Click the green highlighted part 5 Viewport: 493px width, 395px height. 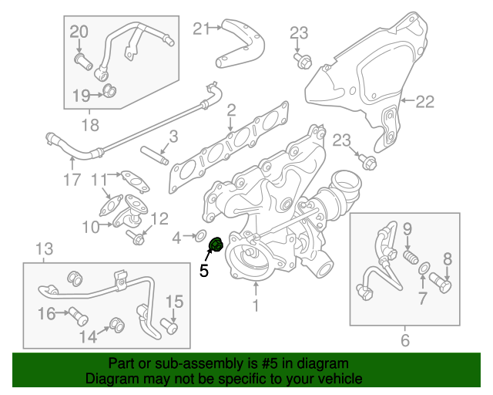[x=216, y=245]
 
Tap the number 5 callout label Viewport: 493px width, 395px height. [x=204, y=271]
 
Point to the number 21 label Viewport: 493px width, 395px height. [x=201, y=29]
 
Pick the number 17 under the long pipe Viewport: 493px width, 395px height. [x=71, y=182]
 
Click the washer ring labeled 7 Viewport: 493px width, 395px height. [x=423, y=268]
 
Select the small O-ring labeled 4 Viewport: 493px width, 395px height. [x=199, y=235]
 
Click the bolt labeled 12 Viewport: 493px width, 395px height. [x=137, y=236]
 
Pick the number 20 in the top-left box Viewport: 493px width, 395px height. [x=79, y=32]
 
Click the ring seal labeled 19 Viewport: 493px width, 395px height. [x=109, y=93]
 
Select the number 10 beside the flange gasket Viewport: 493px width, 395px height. [x=91, y=227]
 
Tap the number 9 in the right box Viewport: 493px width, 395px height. [x=407, y=228]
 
